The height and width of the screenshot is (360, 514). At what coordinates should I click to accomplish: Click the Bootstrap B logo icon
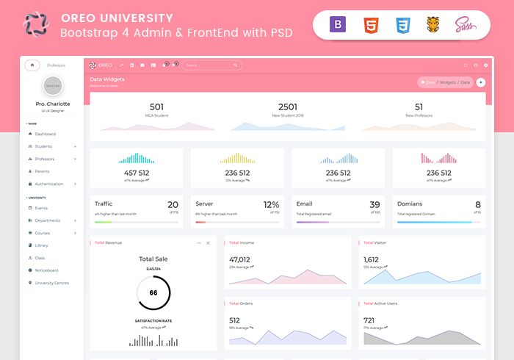click(x=337, y=25)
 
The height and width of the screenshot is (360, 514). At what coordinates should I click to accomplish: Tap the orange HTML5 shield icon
click(x=370, y=25)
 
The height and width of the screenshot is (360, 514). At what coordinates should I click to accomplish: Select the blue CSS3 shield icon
click(x=402, y=25)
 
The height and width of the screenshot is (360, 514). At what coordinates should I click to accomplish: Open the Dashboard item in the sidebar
click(x=45, y=134)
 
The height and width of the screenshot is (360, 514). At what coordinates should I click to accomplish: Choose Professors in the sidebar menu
click(x=45, y=159)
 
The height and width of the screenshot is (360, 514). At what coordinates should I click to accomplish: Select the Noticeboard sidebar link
click(x=46, y=270)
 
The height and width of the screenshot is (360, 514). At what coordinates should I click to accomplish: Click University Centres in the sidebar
click(x=51, y=282)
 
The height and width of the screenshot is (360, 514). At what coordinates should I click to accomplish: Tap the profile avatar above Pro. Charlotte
click(x=53, y=86)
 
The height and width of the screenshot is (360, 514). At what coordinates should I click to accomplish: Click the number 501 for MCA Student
click(x=156, y=107)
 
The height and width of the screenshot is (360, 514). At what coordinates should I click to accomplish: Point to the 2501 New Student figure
click(x=288, y=107)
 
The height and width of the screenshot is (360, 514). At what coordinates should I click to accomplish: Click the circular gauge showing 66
click(x=153, y=292)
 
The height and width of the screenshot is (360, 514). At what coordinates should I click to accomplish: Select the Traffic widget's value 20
click(x=173, y=205)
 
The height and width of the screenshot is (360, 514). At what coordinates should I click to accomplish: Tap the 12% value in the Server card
click(x=271, y=205)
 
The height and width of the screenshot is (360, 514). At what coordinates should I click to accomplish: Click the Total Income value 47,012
click(x=239, y=259)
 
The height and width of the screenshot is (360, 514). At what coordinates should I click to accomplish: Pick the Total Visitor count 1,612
click(x=371, y=259)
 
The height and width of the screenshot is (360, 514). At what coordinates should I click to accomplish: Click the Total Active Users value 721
click(x=369, y=320)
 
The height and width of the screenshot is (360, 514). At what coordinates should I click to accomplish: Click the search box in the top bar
click(x=211, y=65)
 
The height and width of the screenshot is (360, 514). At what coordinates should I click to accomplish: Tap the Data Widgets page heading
click(x=107, y=79)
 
